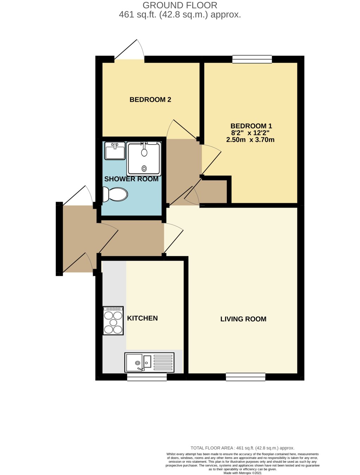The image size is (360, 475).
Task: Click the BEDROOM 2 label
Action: [150, 99]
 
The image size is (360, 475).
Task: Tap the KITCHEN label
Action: [142, 318]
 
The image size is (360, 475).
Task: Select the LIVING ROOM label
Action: [243, 319]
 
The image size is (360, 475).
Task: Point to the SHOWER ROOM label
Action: [131, 179]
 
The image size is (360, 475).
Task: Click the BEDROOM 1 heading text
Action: [251, 126]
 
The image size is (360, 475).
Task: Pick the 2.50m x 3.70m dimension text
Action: [250, 139]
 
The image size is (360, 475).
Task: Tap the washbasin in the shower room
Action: [115, 151]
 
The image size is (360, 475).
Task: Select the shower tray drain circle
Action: [144, 169]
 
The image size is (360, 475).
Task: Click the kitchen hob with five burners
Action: [113, 321]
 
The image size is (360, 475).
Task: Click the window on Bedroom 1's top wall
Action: [252, 59]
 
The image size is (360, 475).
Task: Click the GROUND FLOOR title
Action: [180, 5]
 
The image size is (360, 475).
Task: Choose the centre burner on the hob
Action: [113, 323]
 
